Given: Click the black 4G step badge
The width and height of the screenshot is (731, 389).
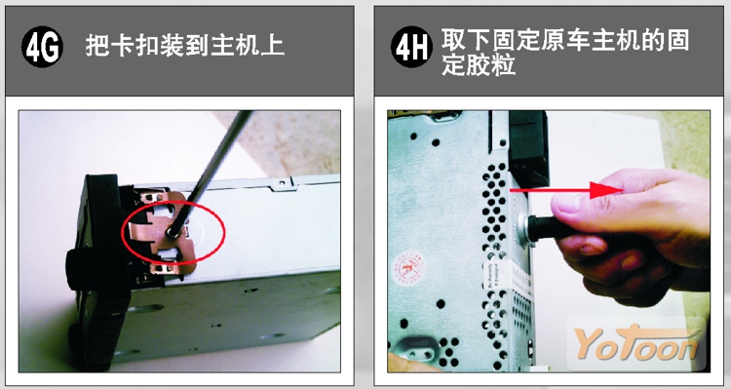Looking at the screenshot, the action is coord(42,47).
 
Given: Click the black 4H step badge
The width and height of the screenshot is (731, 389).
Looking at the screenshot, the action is coord(410,47).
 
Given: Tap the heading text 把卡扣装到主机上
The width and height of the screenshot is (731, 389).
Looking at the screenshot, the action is coord(184,46).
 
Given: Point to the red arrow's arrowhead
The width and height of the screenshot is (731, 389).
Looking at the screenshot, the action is coord(606,190).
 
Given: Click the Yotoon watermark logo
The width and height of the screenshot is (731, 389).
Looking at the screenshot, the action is coord(635,344).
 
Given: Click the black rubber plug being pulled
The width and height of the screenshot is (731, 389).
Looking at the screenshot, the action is coord(547,228).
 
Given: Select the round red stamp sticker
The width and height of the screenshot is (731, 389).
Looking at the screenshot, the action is coord(408,267).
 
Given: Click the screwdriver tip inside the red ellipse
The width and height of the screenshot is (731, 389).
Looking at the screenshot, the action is coord(173,232).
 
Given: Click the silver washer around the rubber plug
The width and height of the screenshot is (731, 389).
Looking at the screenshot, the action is coord(524,227).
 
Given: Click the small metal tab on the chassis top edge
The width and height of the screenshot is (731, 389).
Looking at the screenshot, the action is coord(283,184).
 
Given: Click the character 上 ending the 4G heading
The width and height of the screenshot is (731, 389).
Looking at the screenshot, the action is coord(273,46).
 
